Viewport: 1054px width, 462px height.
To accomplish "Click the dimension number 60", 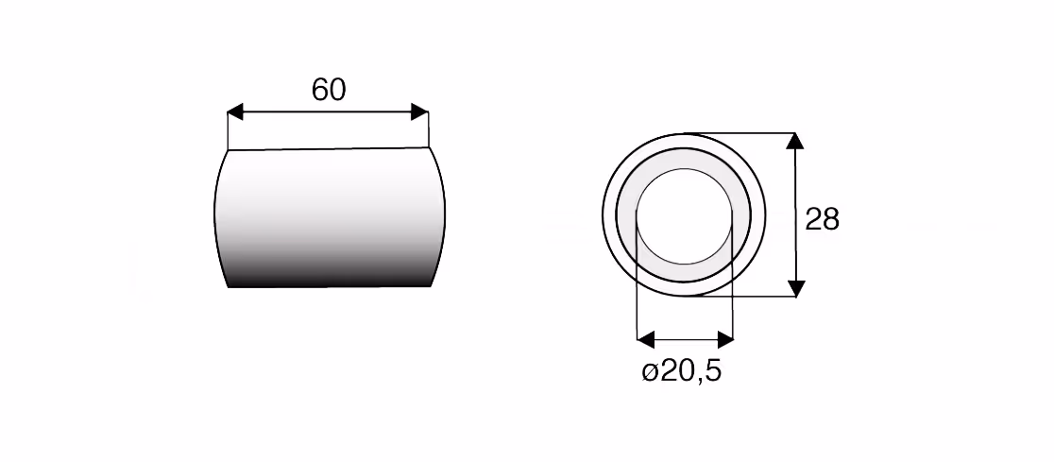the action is tap(329, 90).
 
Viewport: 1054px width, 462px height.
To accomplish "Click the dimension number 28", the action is tap(822, 220).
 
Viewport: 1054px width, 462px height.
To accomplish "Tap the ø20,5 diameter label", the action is tap(682, 371).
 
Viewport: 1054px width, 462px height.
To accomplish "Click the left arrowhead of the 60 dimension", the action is tap(235, 112).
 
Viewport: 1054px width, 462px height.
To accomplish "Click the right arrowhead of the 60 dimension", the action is tap(419, 112).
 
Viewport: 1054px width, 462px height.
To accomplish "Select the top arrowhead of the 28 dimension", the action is tap(795, 141).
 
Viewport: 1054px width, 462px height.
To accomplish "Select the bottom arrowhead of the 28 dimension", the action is tap(795, 288).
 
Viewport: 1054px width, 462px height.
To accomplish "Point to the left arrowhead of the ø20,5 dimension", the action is tap(645, 339).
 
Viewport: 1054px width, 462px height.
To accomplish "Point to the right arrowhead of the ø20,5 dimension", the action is tap(725, 339).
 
